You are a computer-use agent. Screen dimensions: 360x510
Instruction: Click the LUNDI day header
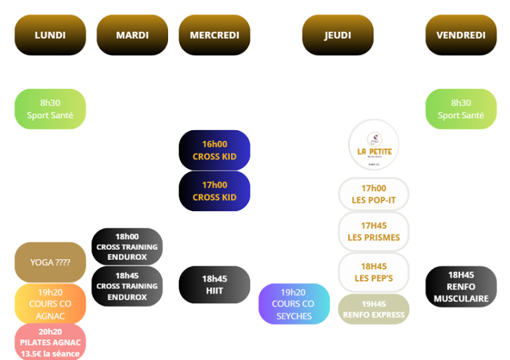click(x=50, y=35)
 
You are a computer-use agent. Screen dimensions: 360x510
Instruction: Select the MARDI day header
click(x=132, y=35)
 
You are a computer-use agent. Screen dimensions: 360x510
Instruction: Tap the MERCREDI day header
click(x=214, y=35)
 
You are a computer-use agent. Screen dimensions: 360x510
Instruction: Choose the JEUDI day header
click(x=337, y=35)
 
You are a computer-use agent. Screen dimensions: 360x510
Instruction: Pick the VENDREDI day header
click(x=461, y=35)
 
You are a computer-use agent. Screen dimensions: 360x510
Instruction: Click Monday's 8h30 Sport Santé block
click(x=50, y=109)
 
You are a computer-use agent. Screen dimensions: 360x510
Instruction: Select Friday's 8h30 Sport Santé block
click(x=461, y=109)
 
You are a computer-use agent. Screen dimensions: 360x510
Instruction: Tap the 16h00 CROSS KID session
click(x=214, y=150)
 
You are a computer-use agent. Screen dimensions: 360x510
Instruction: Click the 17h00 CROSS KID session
click(x=214, y=191)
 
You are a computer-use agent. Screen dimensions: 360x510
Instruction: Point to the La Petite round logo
click(x=374, y=145)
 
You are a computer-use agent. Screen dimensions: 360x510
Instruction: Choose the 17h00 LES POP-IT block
click(x=373, y=194)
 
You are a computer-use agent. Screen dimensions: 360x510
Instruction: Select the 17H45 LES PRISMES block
click(x=373, y=232)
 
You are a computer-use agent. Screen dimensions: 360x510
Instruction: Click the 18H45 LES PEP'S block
click(x=373, y=272)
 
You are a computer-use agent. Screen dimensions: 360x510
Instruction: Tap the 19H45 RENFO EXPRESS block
click(x=373, y=310)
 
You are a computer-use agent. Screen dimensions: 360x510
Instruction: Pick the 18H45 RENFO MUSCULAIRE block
click(x=461, y=286)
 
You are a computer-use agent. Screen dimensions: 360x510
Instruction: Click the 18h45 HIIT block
click(x=214, y=285)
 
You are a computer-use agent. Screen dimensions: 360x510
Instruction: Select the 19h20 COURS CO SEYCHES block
click(x=294, y=304)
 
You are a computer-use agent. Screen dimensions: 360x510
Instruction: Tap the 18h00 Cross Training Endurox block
click(x=127, y=246)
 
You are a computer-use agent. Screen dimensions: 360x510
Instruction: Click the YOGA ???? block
click(x=50, y=262)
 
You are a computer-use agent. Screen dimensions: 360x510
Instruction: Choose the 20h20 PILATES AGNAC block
click(x=50, y=342)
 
